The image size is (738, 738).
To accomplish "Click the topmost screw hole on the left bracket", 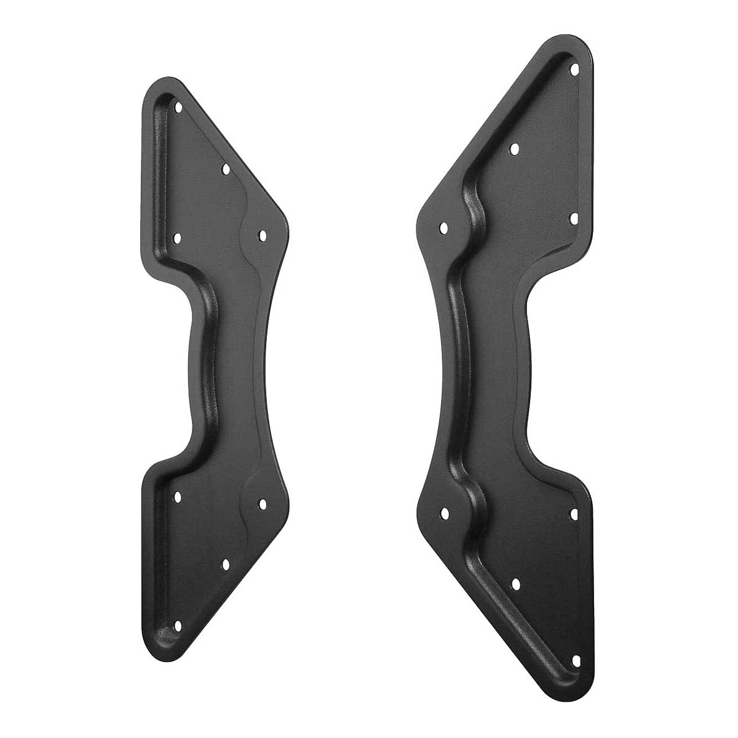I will pyautogui.click(x=179, y=107).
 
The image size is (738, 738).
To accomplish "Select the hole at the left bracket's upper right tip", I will pyautogui.click(x=261, y=235).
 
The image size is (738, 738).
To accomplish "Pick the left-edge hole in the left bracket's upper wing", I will pyautogui.click(x=178, y=237).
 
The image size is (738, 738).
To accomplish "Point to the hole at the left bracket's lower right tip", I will pyautogui.click(x=262, y=504).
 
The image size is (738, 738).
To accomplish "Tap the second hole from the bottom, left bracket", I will pyautogui.click(x=225, y=564).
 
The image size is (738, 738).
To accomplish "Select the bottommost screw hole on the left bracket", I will pyautogui.click(x=178, y=625).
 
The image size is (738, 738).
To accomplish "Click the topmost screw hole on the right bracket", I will pyautogui.click(x=575, y=69).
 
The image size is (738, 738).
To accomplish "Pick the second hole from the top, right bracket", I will pyautogui.click(x=515, y=148).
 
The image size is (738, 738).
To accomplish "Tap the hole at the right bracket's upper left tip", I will pyautogui.click(x=443, y=228).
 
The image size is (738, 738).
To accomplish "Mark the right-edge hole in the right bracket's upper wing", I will pyautogui.click(x=574, y=218).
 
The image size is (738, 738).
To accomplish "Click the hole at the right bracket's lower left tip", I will pyautogui.click(x=444, y=512).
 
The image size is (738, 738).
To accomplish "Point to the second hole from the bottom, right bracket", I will pyautogui.click(x=515, y=583).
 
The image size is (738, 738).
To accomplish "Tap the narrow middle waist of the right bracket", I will pyautogui.click(x=492, y=369).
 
